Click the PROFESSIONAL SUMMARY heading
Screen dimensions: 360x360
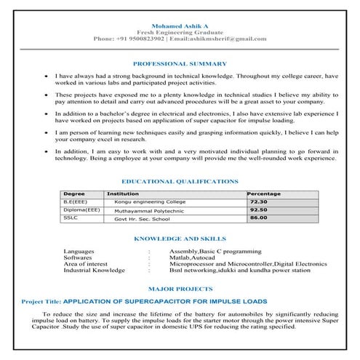(180, 63)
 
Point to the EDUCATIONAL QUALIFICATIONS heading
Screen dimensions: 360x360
(180, 180)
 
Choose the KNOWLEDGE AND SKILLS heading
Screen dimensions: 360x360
(180, 238)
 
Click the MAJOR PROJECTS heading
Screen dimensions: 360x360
(180, 289)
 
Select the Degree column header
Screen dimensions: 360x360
(74, 194)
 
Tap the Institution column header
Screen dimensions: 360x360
(123, 194)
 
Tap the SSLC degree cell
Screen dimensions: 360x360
(71, 217)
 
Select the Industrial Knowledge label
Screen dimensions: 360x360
(95, 270)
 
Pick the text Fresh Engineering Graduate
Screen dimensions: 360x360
(180, 30)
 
